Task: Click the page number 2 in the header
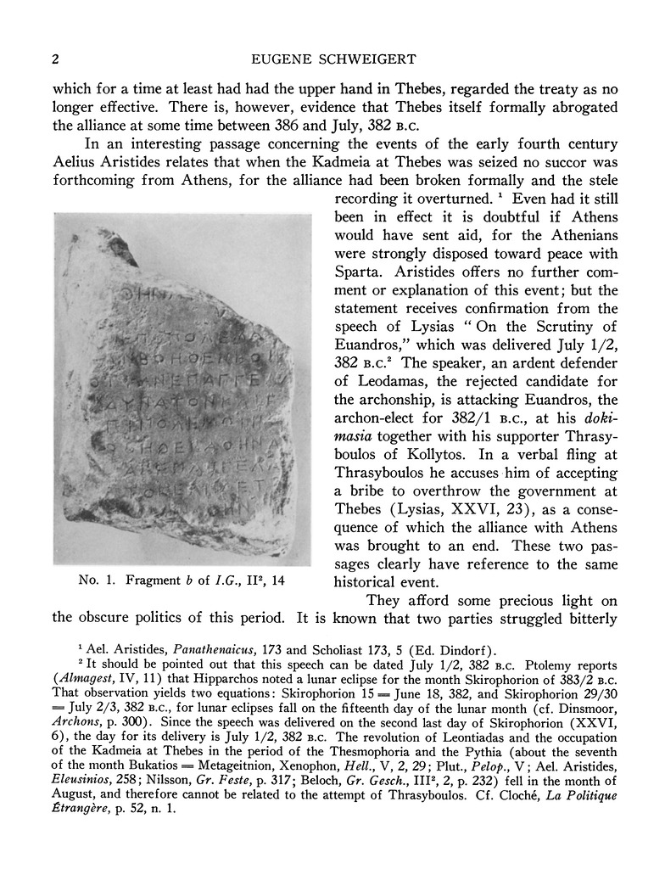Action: pyautogui.click(x=55, y=59)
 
